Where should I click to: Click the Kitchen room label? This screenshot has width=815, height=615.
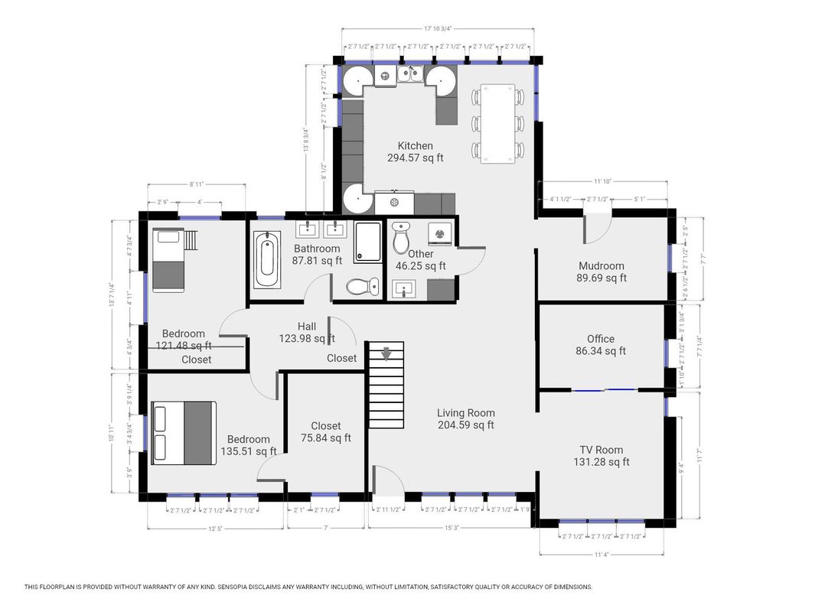point(415,146)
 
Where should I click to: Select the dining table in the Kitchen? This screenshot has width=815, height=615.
point(498,123)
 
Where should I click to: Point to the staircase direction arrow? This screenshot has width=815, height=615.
point(386,353)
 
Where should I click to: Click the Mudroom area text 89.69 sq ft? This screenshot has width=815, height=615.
point(601,278)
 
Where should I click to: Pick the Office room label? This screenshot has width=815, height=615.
point(601,339)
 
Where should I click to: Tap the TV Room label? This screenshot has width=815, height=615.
point(601,450)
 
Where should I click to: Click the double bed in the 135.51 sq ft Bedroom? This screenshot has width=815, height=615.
point(184,432)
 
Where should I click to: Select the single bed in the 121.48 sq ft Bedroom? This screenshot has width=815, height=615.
point(168,259)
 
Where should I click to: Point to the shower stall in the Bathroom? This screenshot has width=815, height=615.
point(368,242)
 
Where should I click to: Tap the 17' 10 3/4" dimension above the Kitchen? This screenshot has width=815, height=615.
point(438,29)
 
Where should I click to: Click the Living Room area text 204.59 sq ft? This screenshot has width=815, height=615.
point(465,425)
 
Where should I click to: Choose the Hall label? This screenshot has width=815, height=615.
point(307,327)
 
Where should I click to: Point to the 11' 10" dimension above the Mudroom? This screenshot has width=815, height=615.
point(604,181)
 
